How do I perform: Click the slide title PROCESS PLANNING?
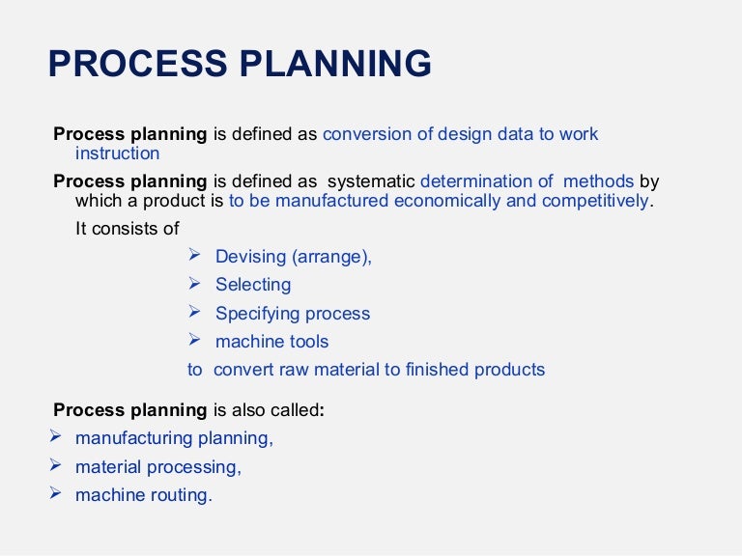[x=240, y=64]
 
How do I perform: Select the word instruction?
[x=117, y=153]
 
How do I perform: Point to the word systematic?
[x=371, y=181]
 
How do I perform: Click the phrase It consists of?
[x=127, y=229]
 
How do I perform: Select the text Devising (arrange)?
[x=293, y=257]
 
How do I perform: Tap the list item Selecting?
[x=252, y=285]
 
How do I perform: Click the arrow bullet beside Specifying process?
[x=194, y=312]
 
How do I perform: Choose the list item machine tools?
[x=271, y=342]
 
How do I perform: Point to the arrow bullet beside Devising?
[x=194, y=255]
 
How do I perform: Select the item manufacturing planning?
[x=174, y=438]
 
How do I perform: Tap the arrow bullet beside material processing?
[x=54, y=465]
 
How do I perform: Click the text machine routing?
[x=143, y=495]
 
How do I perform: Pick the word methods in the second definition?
[x=598, y=181]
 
